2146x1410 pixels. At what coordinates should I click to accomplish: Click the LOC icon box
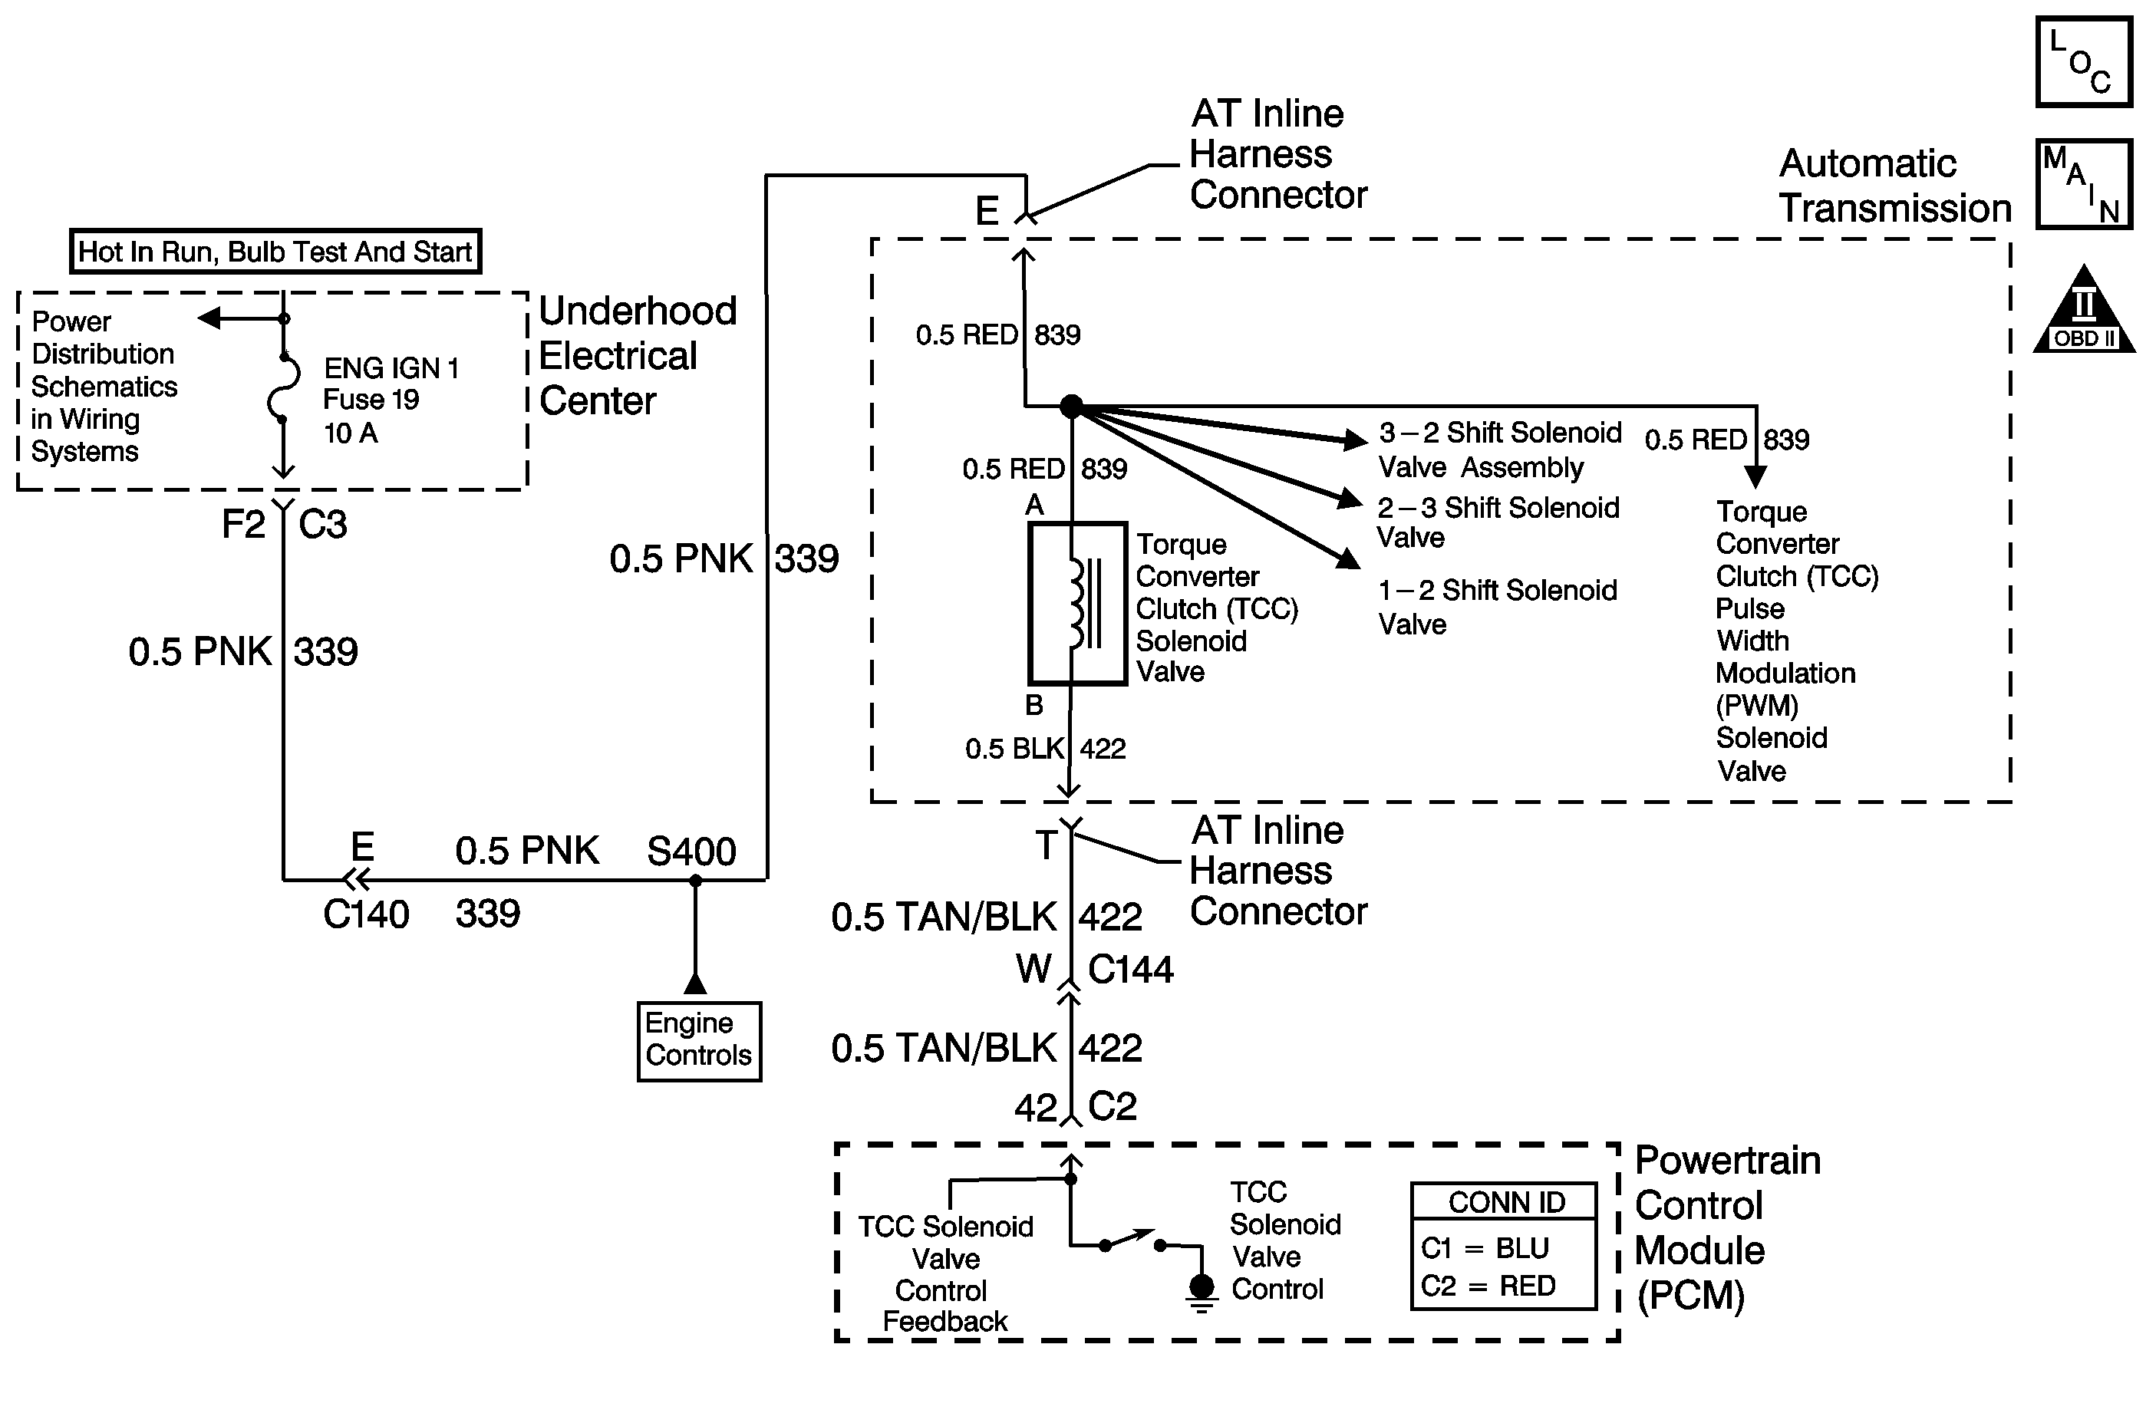[2083, 61]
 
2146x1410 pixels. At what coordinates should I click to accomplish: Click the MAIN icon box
[2083, 183]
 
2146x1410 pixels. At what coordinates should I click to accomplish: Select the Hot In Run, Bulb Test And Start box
[275, 252]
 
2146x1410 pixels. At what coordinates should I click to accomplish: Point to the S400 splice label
[691, 851]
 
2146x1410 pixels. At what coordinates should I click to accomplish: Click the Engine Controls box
[699, 1040]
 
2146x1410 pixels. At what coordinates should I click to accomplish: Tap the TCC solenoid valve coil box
[1077, 603]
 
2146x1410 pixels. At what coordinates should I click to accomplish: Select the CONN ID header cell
[1506, 1202]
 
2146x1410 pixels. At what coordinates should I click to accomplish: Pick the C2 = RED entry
[1488, 1286]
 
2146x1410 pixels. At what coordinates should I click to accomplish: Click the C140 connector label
[366, 914]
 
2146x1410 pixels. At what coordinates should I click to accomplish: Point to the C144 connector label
[1131, 969]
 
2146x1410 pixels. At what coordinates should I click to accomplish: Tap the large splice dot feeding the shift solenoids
[1070, 407]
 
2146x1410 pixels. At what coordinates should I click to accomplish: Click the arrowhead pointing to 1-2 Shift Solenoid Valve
[1348, 559]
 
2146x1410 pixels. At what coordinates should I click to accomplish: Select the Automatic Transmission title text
[1894, 186]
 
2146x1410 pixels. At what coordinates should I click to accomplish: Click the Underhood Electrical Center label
[638, 355]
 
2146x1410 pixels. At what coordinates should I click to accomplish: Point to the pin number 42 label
[1035, 1107]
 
